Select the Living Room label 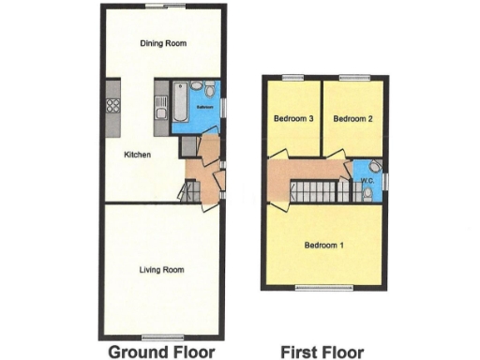click(x=161, y=270)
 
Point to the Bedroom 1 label click(x=323, y=246)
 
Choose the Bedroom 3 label click(x=292, y=119)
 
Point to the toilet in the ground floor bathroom click(x=209, y=92)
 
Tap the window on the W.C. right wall click(x=385, y=181)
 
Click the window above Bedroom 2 click(x=353, y=77)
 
